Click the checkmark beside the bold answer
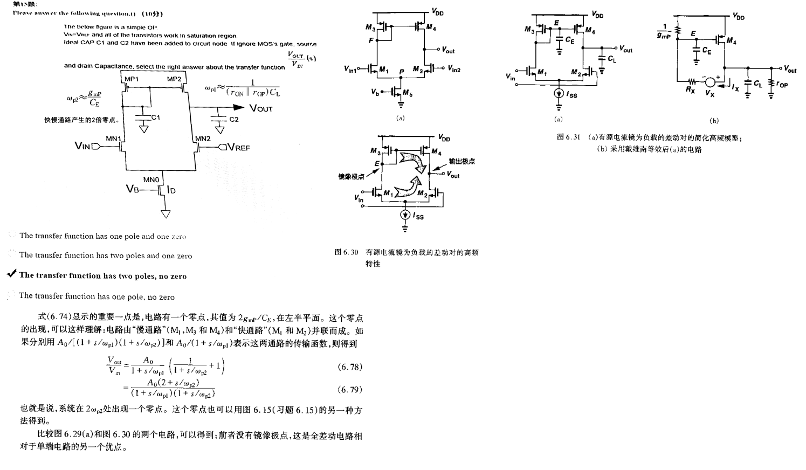[x=11, y=274]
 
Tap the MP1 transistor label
[x=132, y=79]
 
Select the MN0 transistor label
[x=151, y=179]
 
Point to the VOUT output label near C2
[x=260, y=108]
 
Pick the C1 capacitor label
[x=156, y=117]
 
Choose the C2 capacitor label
[x=233, y=119]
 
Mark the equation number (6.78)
[x=350, y=367]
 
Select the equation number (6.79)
[x=350, y=389]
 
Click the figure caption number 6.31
[x=573, y=137]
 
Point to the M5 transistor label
[x=409, y=94]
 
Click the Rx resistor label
[x=691, y=89]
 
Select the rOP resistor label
[x=783, y=85]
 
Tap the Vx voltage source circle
[x=711, y=82]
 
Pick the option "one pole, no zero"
[x=97, y=296]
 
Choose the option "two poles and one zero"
[x=105, y=255]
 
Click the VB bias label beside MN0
[x=132, y=188]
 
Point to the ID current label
[x=172, y=190]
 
